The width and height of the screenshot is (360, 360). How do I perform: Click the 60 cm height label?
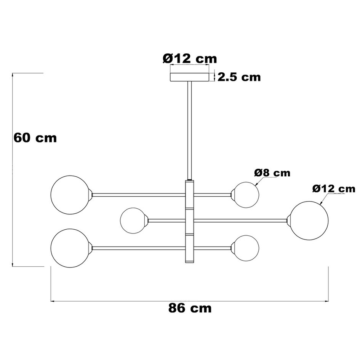click(35, 138)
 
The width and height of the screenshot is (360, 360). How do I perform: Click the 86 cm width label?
click(190, 308)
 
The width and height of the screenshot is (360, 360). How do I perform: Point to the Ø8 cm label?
click(272, 173)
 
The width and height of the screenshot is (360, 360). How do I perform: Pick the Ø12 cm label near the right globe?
click(333, 188)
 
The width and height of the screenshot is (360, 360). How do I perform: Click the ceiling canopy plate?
click(189, 77)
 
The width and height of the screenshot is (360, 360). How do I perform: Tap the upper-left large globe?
click(70, 195)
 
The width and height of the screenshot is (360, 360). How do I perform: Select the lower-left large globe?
click(70, 248)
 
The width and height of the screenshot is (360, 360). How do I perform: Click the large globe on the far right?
click(309, 221)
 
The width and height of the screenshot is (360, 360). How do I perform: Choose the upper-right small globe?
click(246, 195)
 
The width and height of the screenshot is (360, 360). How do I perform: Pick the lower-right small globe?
click(246, 248)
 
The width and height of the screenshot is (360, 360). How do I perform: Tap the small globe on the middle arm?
click(133, 221)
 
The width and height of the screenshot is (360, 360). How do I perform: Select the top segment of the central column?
click(189, 194)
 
